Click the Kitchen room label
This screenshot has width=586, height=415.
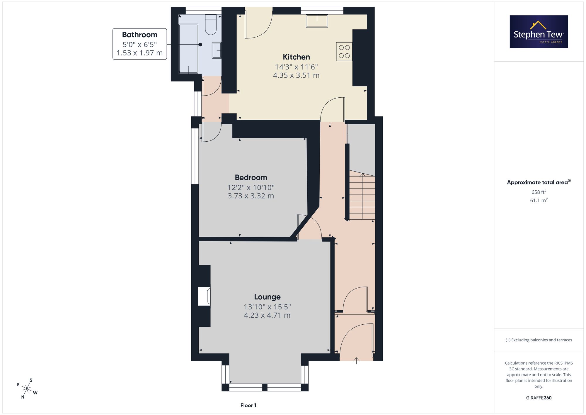coord(296,57)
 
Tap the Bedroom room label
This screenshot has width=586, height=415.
coord(251,177)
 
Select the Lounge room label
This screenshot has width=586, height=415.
coord(267,297)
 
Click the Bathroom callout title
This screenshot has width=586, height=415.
coord(139,35)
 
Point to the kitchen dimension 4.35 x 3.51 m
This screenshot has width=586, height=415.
coord(296,75)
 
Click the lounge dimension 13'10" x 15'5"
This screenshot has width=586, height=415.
coord(267,307)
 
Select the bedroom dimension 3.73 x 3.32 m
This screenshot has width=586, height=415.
coord(251,196)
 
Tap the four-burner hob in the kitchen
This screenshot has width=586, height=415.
coord(344,52)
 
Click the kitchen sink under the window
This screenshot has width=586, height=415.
coord(317,21)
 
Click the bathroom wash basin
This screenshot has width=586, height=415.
coord(217,50)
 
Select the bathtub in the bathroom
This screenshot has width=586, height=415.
coord(188,48)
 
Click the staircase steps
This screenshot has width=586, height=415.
coord(362,197)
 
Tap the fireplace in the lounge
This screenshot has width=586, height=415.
coord(204,296)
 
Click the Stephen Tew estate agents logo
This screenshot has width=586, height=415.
coord(539,32)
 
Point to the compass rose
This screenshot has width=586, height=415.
coord(27,389)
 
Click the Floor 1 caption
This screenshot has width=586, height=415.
coord(248,405)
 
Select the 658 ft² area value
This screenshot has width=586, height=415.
coord(539,192)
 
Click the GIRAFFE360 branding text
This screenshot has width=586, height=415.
coord(539,398)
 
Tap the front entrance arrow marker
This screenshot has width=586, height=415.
coord(356,361)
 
